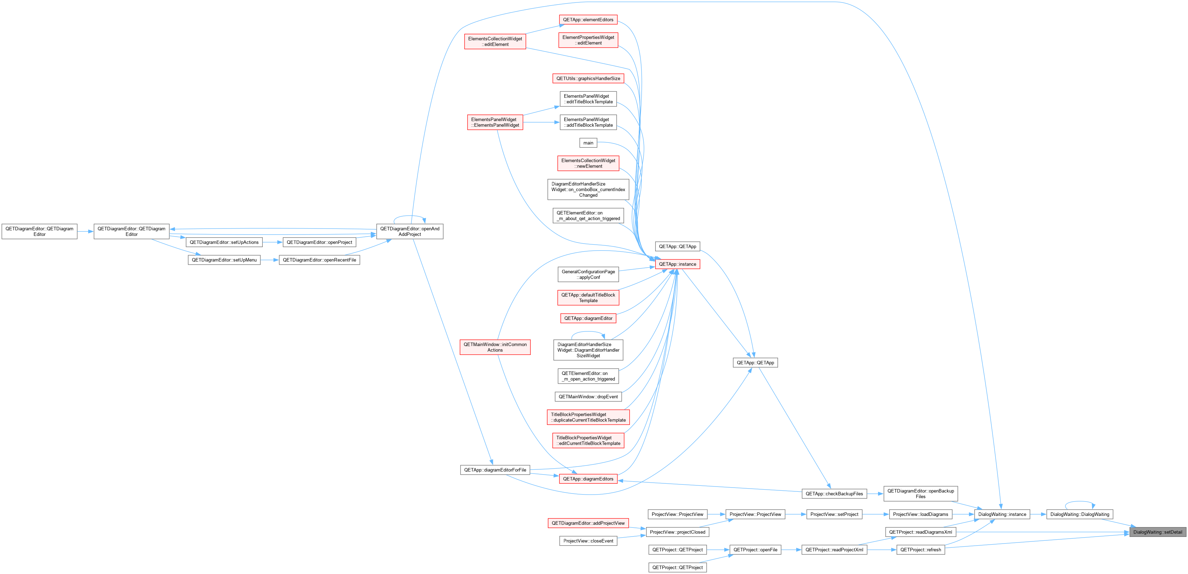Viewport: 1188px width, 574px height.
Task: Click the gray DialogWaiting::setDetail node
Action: [x=1158, y=532]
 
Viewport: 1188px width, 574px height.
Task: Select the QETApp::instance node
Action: [x=678, y=264]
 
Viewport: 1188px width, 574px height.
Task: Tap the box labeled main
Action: [x=588, y=143]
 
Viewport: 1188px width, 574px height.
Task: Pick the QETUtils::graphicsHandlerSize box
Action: [x=588, y=78]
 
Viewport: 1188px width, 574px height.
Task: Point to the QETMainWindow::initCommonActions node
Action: [x=495, y=347]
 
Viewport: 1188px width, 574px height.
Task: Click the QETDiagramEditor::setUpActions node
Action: [x=224, y=242]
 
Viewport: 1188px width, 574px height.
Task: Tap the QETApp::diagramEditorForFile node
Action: [x=495, y=470]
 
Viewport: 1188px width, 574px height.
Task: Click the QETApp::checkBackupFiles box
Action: [x=834, y=494]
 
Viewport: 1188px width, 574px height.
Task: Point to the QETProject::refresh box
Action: [x=920, y=549]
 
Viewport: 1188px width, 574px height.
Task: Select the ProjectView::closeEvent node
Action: [x=588, y=541]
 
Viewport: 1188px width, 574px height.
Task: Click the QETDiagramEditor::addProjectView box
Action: [x=588, y=523]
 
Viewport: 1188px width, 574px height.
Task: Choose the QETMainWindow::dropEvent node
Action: [x=588, y=397]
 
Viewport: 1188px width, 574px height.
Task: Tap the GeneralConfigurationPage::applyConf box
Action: [x=588, y=274]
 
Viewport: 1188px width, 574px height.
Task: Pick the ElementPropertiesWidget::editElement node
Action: [x=588, y=40]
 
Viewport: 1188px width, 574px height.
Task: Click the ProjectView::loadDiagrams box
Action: [x=920, y=514]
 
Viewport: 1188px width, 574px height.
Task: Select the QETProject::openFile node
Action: [x=755, y=549]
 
